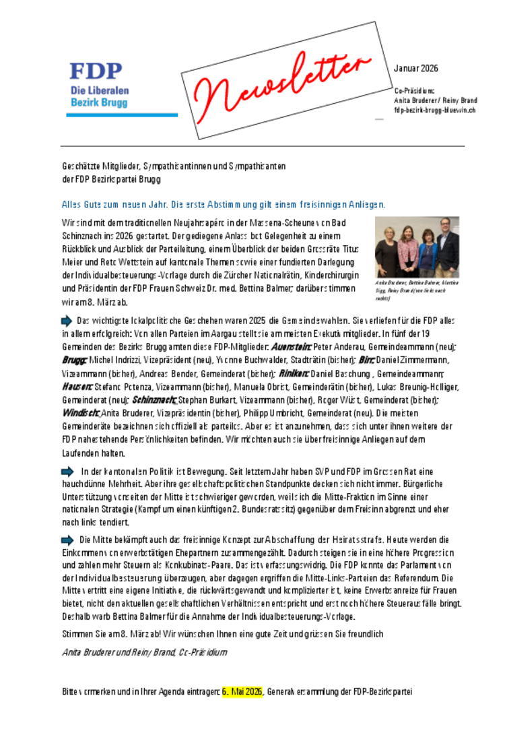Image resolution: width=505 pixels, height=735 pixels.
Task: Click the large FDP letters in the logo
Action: click(96, 71)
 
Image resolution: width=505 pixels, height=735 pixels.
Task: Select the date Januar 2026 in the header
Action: click(415, 68)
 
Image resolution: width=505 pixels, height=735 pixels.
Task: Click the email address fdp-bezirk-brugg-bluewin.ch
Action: click(435, 109)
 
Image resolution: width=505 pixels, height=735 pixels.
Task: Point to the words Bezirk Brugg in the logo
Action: click(99, 103)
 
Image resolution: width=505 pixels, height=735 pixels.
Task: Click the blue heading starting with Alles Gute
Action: click(223, 203)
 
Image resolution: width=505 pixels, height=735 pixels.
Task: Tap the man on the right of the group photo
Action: click(446, 247)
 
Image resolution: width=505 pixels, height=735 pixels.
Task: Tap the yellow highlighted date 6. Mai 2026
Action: click(242, 691)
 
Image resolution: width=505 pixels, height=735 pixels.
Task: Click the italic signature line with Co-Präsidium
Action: click(144, 652)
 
